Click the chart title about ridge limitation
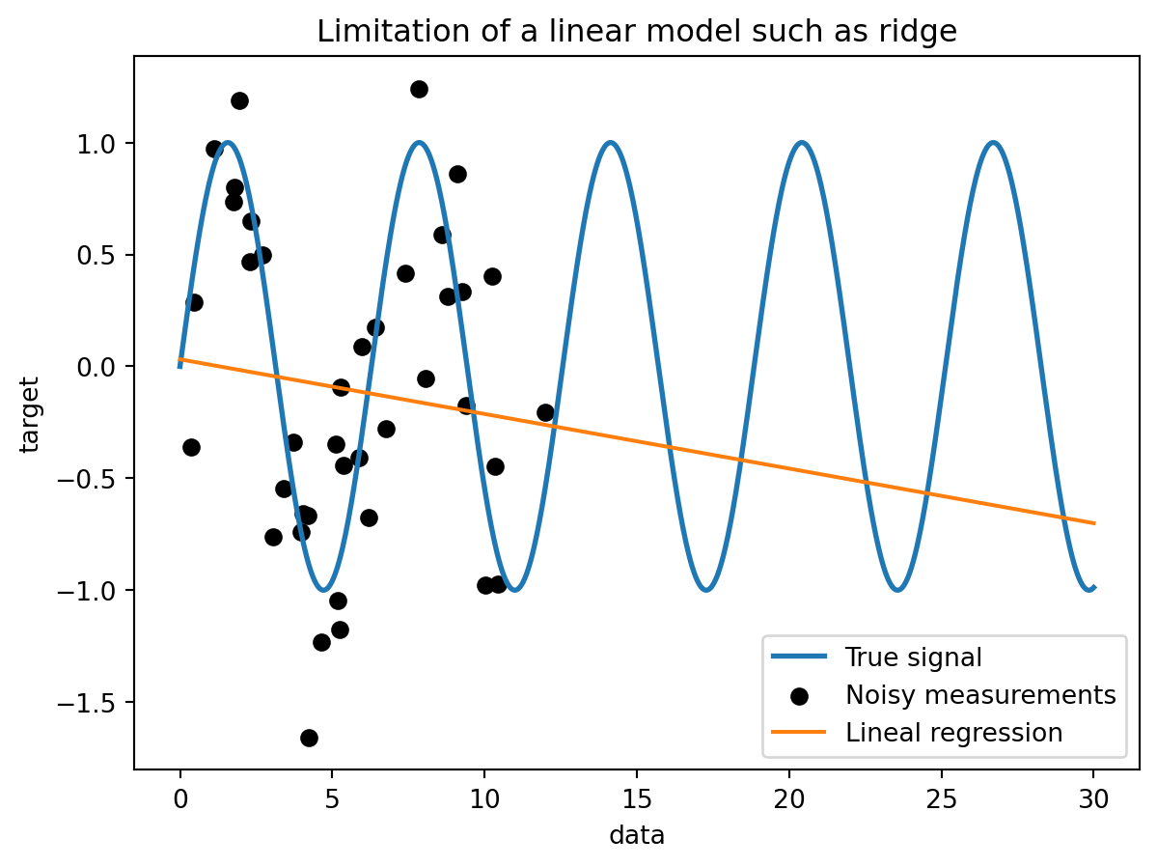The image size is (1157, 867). [637, 32]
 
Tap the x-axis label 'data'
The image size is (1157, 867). [637, 835]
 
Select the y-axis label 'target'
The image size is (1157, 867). [30, 413]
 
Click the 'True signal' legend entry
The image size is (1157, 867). [913, 657]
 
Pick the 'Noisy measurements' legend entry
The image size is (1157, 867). [980, 695]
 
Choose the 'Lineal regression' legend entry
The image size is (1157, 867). [953, 732]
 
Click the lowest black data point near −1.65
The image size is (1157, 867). [309, 738]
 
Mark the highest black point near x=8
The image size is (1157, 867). [419, 89]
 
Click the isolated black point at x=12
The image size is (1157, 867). [545, 412]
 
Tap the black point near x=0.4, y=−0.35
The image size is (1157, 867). [191, 447]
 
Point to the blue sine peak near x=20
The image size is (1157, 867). [801, 143]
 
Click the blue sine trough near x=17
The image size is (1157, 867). [706, 590]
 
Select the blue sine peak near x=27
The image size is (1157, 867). [993, 143]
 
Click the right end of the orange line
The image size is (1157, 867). [1094, 523]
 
